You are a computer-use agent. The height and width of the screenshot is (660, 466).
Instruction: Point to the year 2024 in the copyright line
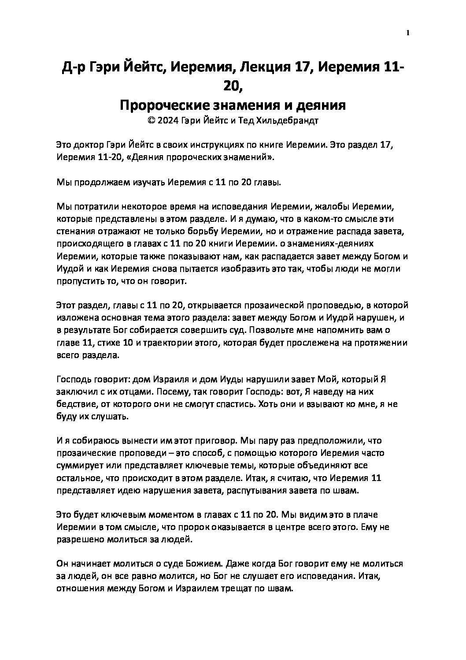click(x=169, y=121)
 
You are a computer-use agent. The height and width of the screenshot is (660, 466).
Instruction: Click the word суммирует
click(x=78, y=466)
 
